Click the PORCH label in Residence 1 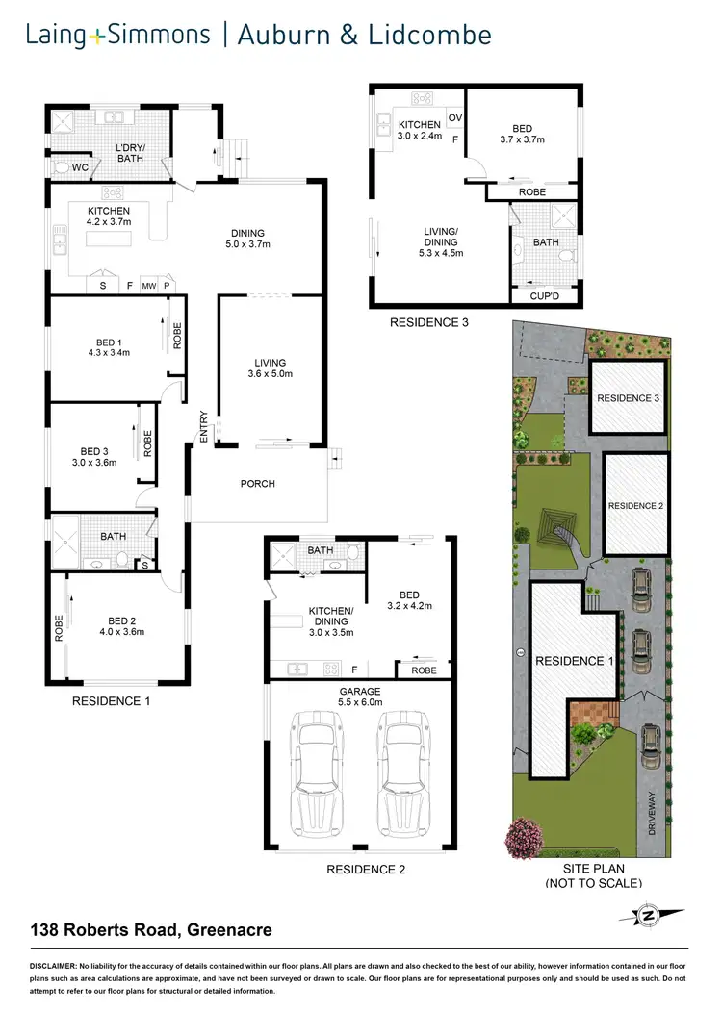point(257,483)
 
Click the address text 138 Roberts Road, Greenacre point(148,930)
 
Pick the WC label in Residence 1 point(80,167)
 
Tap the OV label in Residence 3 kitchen point(454,117)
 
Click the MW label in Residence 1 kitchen point(149,286)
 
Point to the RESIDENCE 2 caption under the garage point(366,870)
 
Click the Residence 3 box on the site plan point(629,397)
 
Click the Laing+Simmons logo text point(118,37)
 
